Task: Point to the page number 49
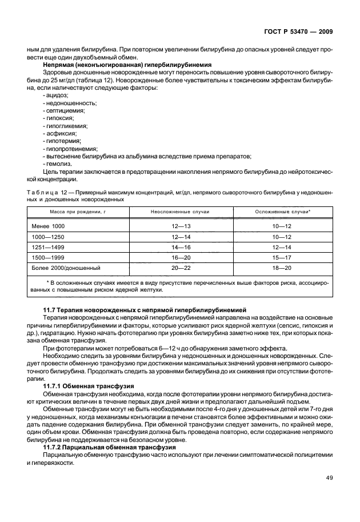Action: (x=330, y=478)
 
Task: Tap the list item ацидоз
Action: (x=56, y=95)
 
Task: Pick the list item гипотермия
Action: (x=62, y=141)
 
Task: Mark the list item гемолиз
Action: (x=57, y=164)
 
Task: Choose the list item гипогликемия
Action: (x=65, y=126)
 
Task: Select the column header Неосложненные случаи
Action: (x=181, y=212)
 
